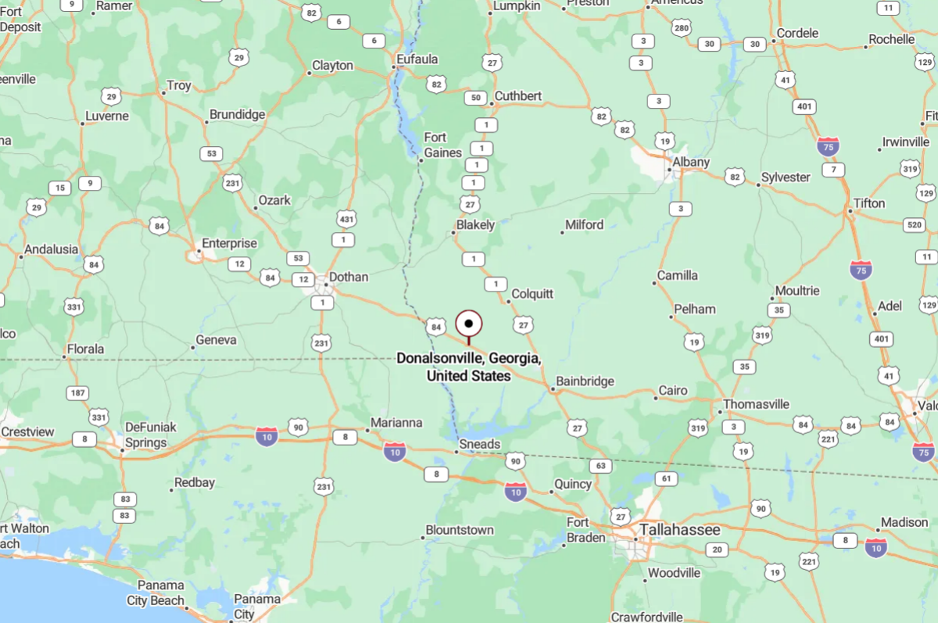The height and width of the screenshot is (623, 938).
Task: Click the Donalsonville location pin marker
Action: click(x=469, y=323)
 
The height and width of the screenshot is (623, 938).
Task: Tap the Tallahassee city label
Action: click(x=679, y=530)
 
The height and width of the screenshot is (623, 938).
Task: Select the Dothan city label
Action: click(x=348, y=277)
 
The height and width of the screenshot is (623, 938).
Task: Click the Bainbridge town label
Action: click(x=585, y=381)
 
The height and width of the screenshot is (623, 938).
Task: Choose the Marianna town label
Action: click(x=396, y=423)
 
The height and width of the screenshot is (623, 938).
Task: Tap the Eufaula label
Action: click(x=417, y=59)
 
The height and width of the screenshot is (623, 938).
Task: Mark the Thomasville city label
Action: click(x=756, y=404)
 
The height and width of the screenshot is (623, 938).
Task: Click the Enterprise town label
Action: click(x=229, y=243)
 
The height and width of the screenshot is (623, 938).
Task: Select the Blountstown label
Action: click(x=460, y=530)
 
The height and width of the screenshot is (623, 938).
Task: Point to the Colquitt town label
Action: click(x=532, y=294)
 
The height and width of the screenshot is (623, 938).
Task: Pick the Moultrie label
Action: click(x=797, y=291)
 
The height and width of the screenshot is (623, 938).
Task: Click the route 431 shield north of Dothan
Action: click(x=347, y=219)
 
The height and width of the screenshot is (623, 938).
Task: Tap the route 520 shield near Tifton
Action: click(x=913, y=225)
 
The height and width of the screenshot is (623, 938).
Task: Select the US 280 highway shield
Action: click(x=682, y=29)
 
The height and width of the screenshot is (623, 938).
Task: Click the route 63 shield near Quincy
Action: click(x=600, y=466)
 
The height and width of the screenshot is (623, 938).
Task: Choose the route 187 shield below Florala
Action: click(x=77, y=392)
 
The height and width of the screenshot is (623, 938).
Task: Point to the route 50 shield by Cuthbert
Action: click(x=474, y=98)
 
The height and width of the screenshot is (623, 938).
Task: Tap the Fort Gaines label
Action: click(x=442, y=145)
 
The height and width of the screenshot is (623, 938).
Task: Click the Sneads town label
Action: click(x=479, y=444)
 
